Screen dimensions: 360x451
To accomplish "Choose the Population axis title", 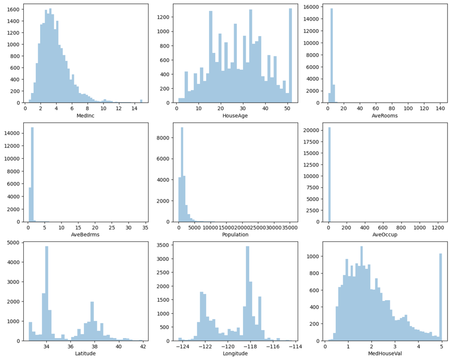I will (233, 234).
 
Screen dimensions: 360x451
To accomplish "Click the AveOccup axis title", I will (385, 234).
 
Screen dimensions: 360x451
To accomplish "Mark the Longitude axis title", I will (233, 353).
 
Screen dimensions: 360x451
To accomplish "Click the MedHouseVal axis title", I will (385, 353).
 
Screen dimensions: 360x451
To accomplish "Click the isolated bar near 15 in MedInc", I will (141, 101).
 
